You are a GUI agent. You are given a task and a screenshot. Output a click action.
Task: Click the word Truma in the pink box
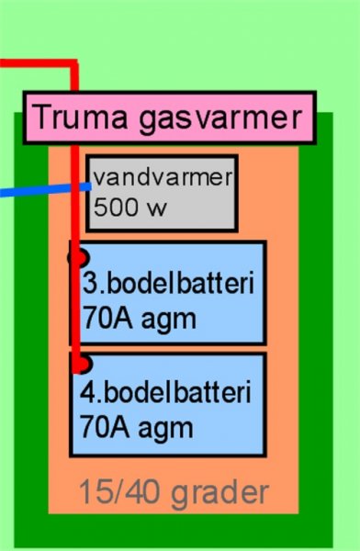[82, 117]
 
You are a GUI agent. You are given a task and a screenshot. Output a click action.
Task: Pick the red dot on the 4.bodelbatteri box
[83, 364]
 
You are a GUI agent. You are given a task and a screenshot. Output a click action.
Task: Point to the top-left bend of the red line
[74, 64]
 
